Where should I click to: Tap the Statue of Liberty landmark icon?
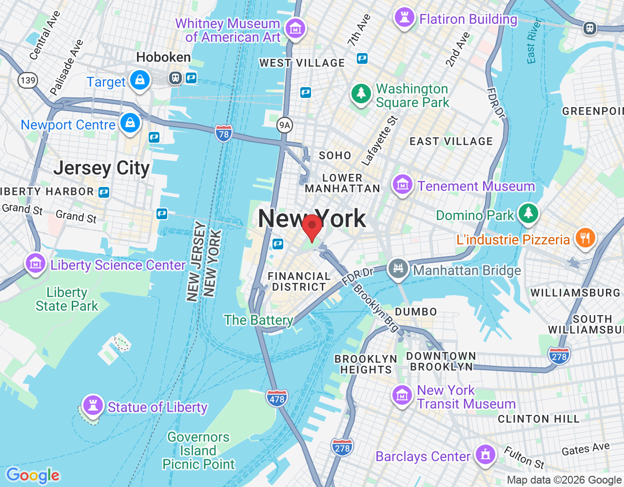click(x=93, y=405)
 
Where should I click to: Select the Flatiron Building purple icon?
click(x=404, y=18)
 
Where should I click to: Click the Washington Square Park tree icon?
click(x=361, y=93)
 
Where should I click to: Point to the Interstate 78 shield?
click(x=223, y=133)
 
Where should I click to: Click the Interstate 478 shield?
click(x=277, y=399)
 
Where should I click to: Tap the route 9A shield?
click(x=284, y=125)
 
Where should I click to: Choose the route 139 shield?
click(x=28, y=80)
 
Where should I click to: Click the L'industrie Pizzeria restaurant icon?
click(x=585, y=238)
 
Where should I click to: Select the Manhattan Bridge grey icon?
click(x=398, y=268)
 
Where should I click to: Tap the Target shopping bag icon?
click(x=140, y=80)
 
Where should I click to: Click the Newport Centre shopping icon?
click(x=130, y=123)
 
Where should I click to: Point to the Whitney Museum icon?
click(x=295, y=29)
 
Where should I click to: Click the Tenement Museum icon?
click(x=402, y=185)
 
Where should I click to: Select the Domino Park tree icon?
click(x=528, y=213)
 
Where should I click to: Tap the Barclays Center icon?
click(x=485, y=454)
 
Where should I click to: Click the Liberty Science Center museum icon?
click(x=35, y=263)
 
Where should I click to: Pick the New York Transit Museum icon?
click(x=402, y=395)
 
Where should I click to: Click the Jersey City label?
click(x=101, y=168)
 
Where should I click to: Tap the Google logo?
click(x=33, y=475)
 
